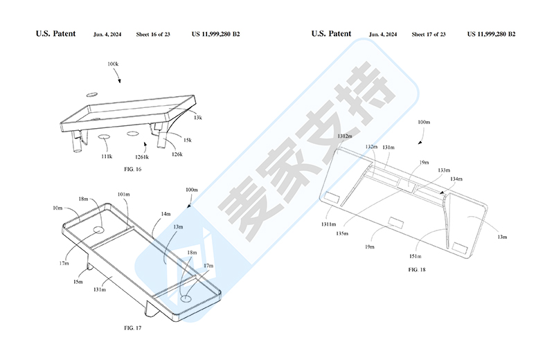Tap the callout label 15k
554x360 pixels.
click(188, 140)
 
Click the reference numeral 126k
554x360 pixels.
click(177, 154)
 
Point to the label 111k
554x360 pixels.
click(106, 156)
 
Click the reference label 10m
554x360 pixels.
click(57, 207)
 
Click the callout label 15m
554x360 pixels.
click(79, 282)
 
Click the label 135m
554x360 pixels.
click(341, 234)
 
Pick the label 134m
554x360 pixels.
click(455, 179)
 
